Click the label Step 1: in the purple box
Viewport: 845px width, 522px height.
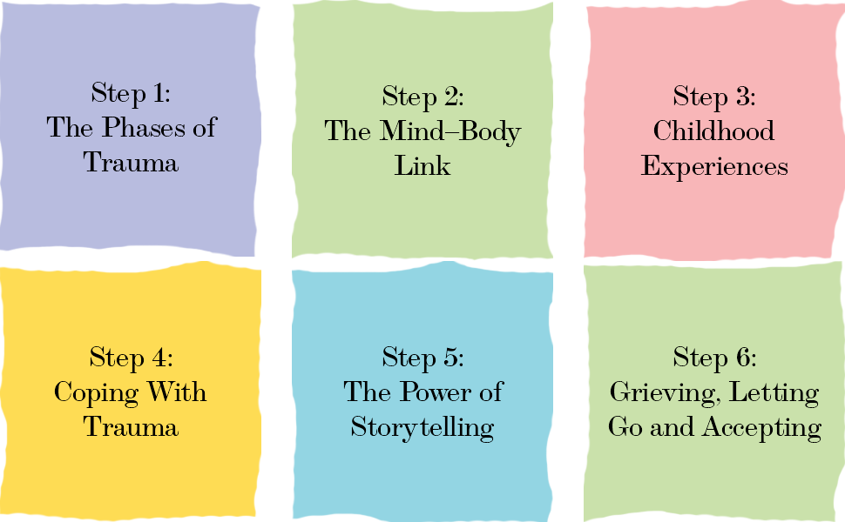click(131, 92)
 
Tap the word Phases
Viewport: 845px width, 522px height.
click(139, 128)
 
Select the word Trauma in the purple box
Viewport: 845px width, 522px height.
click(131, 163)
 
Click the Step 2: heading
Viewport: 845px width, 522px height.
click(422, 96)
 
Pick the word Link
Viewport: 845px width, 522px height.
click(422, 166)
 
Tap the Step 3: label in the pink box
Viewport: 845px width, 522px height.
click(713, 96)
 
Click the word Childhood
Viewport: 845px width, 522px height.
click(713, 131)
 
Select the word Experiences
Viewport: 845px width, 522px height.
click(714, 167)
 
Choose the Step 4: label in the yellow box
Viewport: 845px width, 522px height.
click(131, 357)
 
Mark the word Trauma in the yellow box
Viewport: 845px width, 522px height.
click(131, 427)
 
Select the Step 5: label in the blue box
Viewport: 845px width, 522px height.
click(422, 357)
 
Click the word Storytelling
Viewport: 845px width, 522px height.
click(422, 428)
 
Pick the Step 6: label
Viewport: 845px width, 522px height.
click(713, 357)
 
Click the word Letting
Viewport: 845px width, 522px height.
click(774, 393)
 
